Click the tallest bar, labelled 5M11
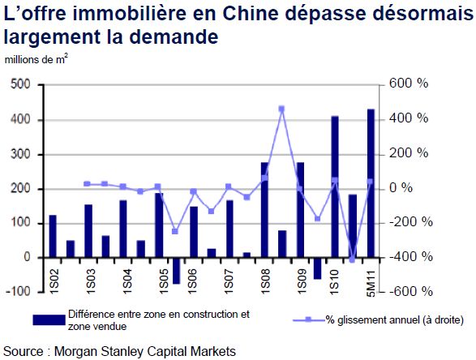(371, 183)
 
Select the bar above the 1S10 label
(335, 187)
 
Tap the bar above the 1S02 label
(53, 237)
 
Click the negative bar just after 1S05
(177, 271)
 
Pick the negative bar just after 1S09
(317, 268)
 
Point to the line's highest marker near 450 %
(281, 109)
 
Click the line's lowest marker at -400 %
(353, 259)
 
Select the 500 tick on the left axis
(20, 84)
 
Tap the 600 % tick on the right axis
(409, 84)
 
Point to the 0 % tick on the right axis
(401, 188)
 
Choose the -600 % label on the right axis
(411, 292)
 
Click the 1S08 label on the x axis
(265, 281)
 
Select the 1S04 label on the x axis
(127, 281)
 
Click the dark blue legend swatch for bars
(49, 320)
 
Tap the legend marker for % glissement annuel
(308, 320)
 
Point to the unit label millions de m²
(36, 59)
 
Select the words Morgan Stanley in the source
(98, 352)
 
